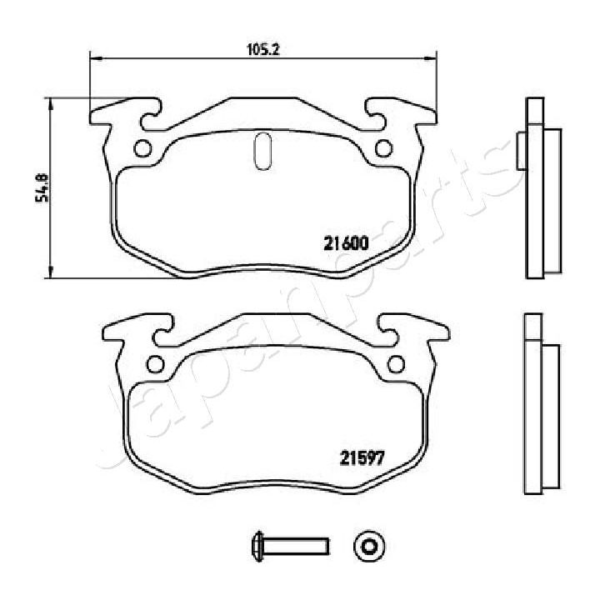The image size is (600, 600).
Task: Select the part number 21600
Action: tap(346, 243)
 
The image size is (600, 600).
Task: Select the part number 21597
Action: tap(362, 457)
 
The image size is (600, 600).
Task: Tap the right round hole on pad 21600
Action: tap(383, 149)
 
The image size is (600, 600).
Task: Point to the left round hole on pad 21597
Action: tap(155, 363)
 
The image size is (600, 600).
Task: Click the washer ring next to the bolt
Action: tap(368, 546)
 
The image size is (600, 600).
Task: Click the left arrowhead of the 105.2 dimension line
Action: tap(94, 58)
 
